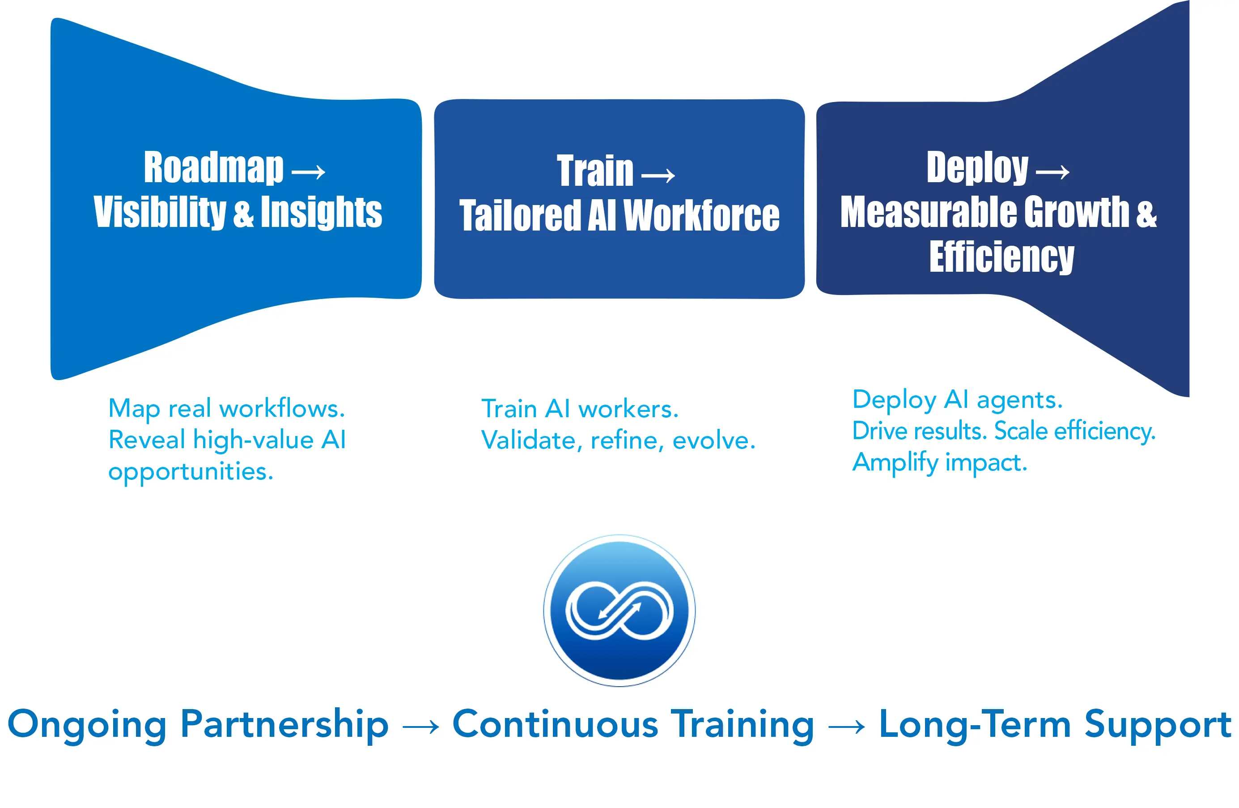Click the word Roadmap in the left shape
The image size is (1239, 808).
(x=213, y=168)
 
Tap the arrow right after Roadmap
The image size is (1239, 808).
(x=308, y=172)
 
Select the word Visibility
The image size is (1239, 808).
(x=160, y=212)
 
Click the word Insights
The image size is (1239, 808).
(x=321, y=212)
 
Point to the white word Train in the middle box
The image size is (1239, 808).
(x=595, y=171)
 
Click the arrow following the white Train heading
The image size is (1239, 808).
(x=658, y=175)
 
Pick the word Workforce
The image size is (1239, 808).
(x=701, y=215)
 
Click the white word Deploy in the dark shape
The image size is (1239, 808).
(x=977, y=168)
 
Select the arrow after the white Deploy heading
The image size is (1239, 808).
(x=1052, y=172)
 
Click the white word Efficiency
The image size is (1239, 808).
(x=1001, y=257)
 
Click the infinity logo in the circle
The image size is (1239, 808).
(x=619, y=610)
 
